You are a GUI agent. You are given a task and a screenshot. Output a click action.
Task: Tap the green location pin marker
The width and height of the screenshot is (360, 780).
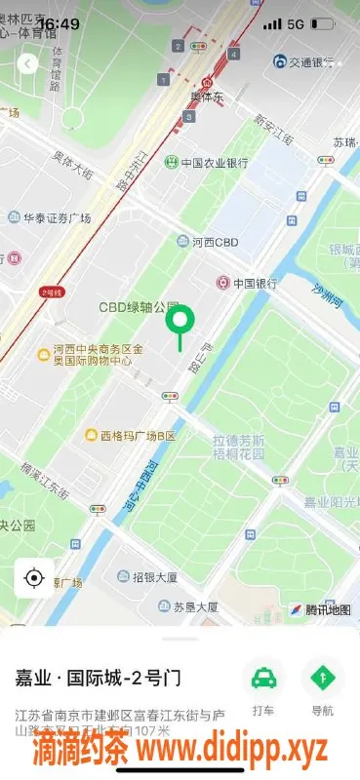180,321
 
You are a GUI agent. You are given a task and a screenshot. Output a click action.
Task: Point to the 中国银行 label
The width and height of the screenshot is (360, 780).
247,284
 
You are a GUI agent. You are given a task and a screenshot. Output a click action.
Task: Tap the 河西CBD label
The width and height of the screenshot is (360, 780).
214,241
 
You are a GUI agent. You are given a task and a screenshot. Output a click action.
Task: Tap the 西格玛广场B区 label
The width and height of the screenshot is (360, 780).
137,435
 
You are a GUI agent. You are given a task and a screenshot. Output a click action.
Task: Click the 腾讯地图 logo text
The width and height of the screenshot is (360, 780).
327,609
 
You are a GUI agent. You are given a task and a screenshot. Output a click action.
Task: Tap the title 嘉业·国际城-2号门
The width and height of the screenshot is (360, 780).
99,677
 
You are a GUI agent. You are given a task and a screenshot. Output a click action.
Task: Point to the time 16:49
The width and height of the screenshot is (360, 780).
60,22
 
